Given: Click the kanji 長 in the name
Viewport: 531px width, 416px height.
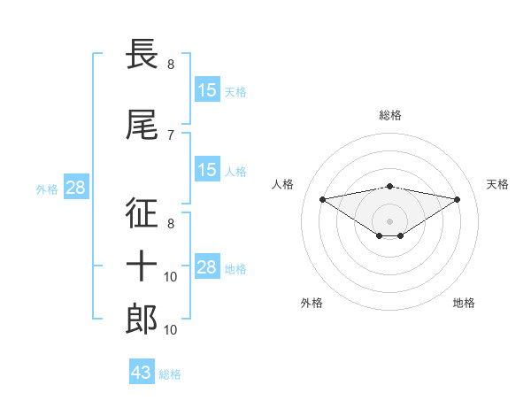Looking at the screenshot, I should click(142, 55).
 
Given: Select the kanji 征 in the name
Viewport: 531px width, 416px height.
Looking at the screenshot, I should click(142, 213).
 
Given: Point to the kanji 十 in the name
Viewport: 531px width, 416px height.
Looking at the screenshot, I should click(142, 266).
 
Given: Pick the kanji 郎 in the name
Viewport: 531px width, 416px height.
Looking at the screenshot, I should click(142, 320).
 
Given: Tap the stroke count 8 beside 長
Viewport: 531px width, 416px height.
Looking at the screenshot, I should click(171, 64).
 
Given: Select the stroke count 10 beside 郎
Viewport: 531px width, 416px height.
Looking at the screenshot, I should click(171, 329).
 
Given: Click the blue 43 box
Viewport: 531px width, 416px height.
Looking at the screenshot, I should click(142, 373).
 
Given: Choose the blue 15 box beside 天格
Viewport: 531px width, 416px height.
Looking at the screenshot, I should click(207, 90).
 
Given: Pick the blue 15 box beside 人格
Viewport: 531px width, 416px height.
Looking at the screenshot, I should click(207, 170).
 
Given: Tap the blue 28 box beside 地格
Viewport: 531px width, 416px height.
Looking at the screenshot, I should click(207, 267).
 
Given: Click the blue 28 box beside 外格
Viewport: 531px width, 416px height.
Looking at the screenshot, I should click(75, 188).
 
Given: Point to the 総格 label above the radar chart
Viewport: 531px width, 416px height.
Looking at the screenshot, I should click(390, 115).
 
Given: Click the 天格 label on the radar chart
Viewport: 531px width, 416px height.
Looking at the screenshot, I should click(497, 184).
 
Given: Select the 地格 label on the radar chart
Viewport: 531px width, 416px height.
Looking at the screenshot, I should click(464, 303).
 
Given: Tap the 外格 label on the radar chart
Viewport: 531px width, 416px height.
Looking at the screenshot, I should click(312, 303).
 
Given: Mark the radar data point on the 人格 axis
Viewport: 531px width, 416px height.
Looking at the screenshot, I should click(322, 198).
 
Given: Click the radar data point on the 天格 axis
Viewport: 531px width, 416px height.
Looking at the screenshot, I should click(458, 198).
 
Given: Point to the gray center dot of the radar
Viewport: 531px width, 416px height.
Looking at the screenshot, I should click(389, 220).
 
